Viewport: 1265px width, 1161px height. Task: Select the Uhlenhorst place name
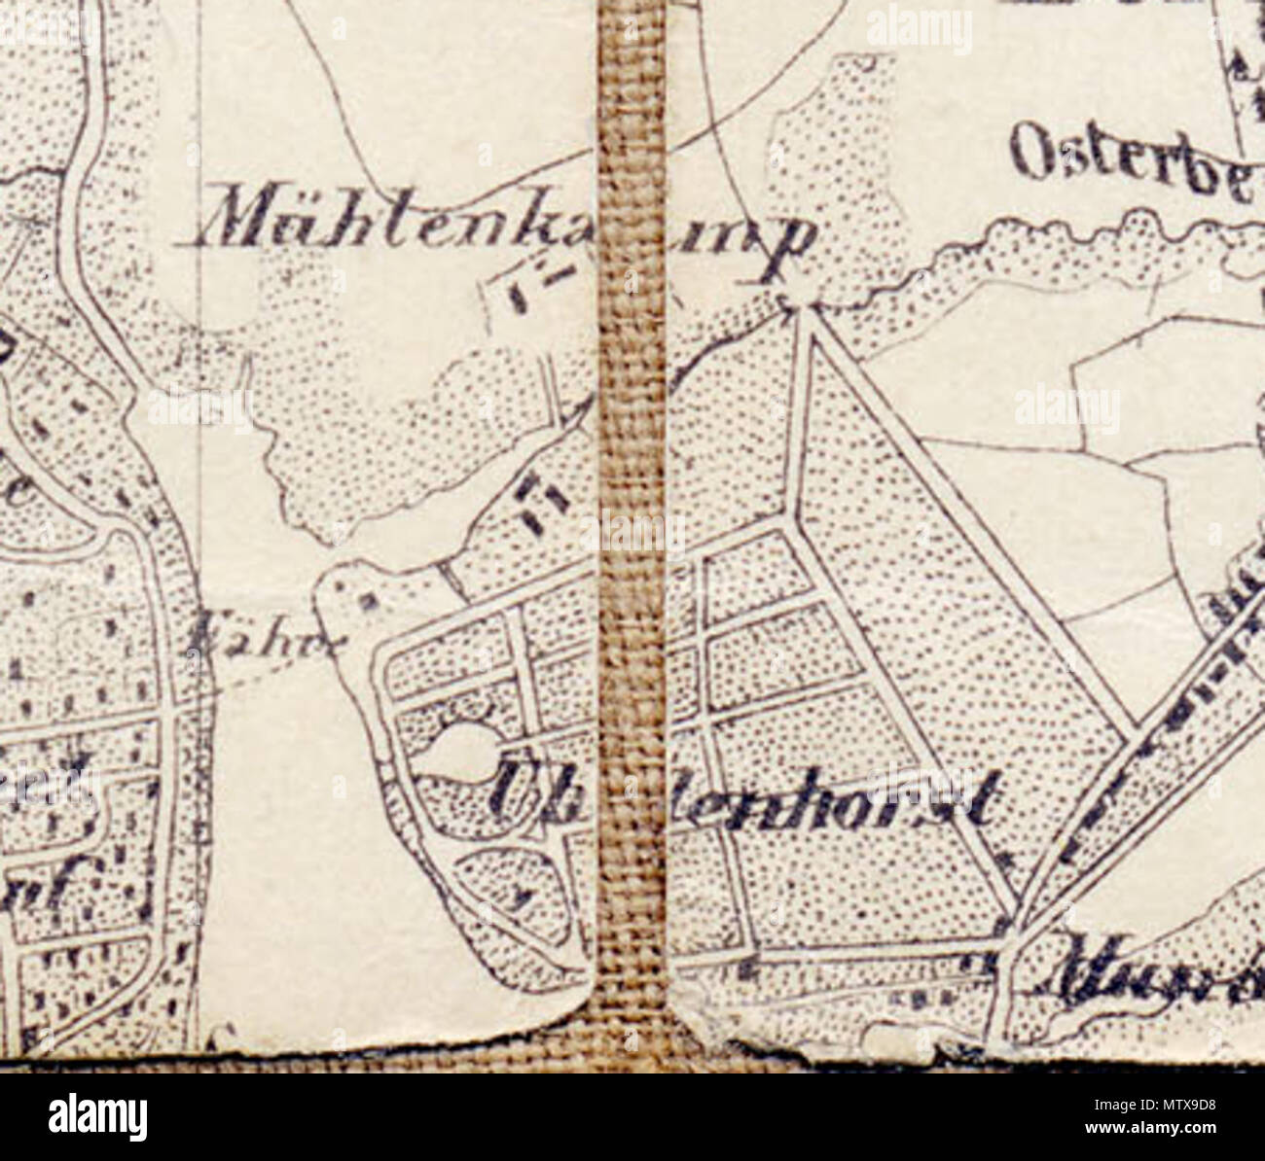click(740, 797)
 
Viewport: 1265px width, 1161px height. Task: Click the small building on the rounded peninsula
click(368, 600)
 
